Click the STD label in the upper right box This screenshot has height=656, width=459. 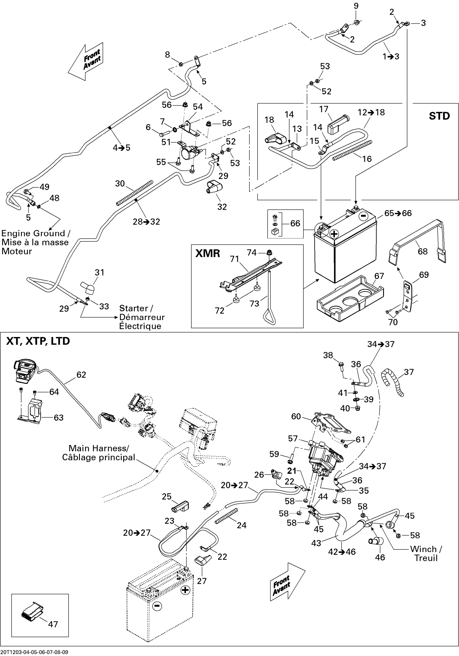point(439,116)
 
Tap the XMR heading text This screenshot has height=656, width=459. point(208,253)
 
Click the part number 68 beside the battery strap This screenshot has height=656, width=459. point(423,251)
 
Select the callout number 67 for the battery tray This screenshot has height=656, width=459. point(379,276)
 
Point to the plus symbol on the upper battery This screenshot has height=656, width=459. point(334,234)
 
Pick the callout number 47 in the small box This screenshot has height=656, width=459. point(53,624)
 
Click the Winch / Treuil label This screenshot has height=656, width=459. point(426,553)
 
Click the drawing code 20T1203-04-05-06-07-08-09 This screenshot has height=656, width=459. point(34,652)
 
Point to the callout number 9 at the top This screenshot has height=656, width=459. point(356,6)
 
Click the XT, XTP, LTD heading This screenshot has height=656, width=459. point(38,341)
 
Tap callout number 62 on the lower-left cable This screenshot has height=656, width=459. point(81,375)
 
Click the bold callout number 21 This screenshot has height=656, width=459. point(292,470)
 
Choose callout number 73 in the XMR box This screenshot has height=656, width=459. point(254,304)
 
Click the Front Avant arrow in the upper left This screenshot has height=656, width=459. point(86,61)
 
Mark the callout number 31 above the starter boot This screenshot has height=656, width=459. point(99,272)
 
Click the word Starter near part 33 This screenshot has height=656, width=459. point(134,308)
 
